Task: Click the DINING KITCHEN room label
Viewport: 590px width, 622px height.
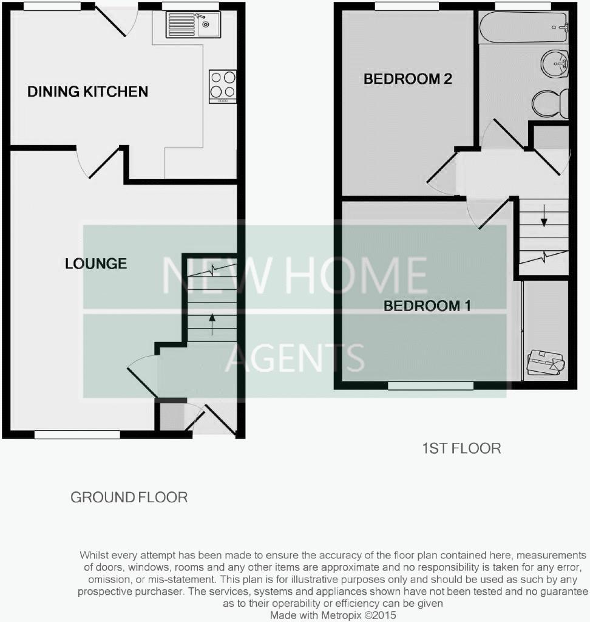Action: pos(87,92)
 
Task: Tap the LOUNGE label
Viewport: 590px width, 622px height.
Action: pos(96,263)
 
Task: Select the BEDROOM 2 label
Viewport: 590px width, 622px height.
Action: pos(408,78)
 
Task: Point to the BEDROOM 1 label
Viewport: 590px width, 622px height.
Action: pos(427,306)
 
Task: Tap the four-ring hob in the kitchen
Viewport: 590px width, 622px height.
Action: pos(222,85)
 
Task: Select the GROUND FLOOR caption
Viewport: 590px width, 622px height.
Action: pos(129,497)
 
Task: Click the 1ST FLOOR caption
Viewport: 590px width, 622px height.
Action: pos(461,448)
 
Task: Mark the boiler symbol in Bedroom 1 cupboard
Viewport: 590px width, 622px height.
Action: pos(546,363)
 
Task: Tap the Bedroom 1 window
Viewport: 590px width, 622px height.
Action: pos(430,385)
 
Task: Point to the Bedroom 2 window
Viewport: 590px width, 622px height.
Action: pos(406,7)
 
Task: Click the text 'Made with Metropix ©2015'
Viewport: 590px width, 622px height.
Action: pos(333,615)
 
